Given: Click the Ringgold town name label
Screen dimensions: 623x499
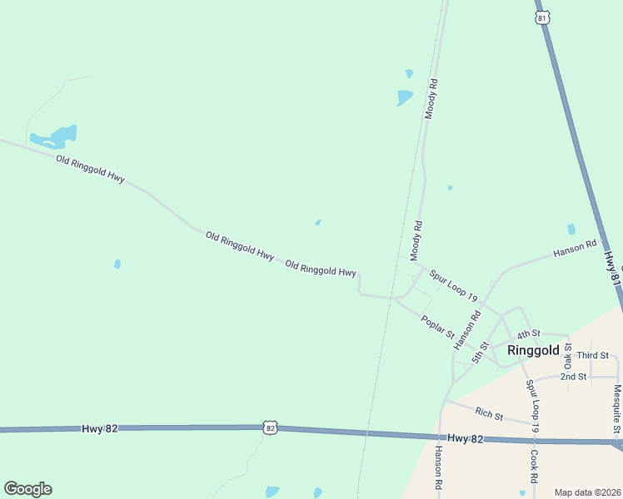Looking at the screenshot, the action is click(x=533, y=351).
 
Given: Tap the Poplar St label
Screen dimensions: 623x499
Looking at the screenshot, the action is click(x=437, y=327).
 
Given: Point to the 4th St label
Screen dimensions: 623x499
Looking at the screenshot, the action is click(x=528, y=334).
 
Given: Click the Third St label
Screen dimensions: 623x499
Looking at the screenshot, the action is click(x=593, y=355).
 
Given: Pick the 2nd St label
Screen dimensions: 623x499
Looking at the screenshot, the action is click(x=573, y=377).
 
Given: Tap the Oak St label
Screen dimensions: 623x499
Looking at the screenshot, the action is click(x=568, y=357).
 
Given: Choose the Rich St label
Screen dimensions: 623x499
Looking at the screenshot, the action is click(x=489, y=413).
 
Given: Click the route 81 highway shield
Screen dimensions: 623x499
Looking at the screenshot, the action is click(x=542, y=17).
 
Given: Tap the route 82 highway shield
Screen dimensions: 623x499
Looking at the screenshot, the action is click(x=270, y=427).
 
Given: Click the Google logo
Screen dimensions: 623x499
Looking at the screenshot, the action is click(x=27, y=489).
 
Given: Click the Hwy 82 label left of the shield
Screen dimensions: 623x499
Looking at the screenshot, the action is click(x=100, y=428).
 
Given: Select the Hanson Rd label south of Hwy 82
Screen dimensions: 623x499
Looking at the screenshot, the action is click(x=438, y=467).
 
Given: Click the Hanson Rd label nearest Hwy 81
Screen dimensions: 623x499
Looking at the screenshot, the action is click(x=576, y=248).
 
